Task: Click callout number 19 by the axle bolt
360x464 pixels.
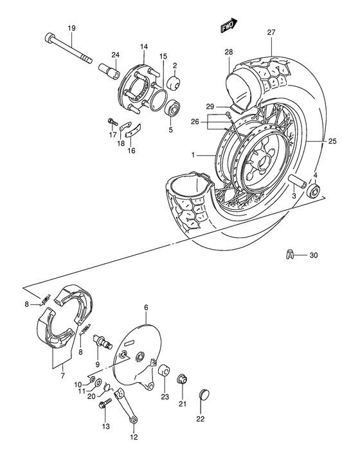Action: coord(71,27)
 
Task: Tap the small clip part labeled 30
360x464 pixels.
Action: coord(290,255)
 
